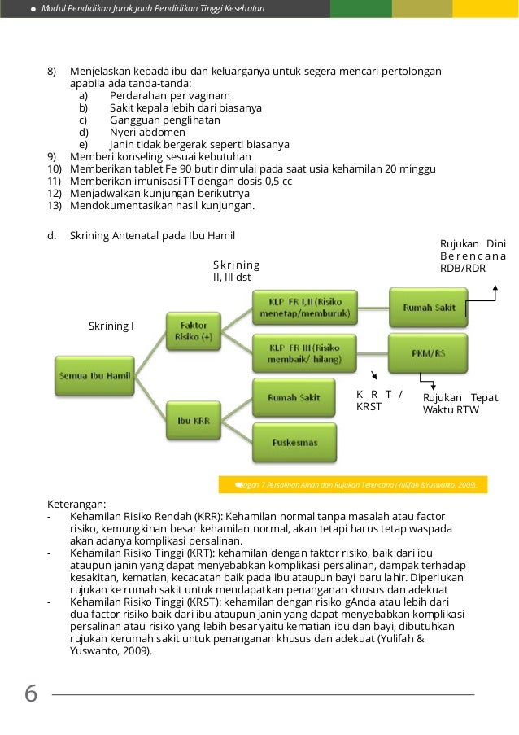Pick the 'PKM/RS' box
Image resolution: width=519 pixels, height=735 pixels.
(x=428, y=353)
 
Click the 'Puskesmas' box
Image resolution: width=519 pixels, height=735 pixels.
(x=293, y=442)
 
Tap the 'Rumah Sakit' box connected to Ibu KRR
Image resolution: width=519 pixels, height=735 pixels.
(x=293, y=398)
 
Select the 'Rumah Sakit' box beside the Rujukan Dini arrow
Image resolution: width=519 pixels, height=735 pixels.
(x=428, y=308)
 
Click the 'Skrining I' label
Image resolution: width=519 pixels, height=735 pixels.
(x=111, y=326)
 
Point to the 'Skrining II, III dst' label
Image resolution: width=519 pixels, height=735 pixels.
(x=236, y=271)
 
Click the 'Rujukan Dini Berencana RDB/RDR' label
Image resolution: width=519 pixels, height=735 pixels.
(x=472, y=256)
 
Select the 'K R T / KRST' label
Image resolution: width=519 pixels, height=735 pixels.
(x=379, y=400)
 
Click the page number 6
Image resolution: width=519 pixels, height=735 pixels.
(x=31, y=694)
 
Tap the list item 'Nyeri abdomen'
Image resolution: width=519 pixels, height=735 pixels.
(x=147, y=132)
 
